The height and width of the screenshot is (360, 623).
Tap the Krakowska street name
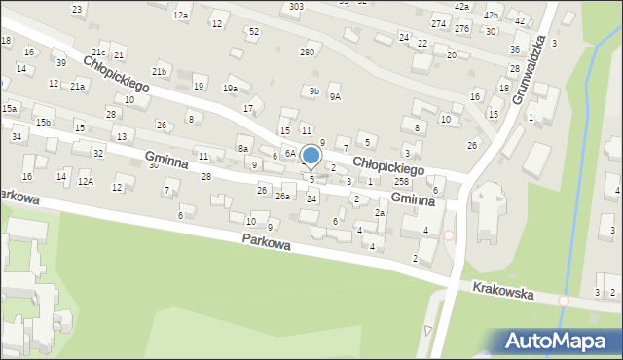503,291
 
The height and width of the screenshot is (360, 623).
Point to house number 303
296,6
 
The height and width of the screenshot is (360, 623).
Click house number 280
308,52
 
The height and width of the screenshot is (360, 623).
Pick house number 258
400,182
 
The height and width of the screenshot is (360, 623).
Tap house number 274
439,23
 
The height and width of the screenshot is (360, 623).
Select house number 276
462,29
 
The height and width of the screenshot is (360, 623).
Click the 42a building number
461,6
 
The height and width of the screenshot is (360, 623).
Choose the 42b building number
491,16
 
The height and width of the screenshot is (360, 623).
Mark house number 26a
282,197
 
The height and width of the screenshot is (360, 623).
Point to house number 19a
230,89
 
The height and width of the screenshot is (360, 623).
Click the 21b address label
159,72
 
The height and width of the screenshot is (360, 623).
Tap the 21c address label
98,52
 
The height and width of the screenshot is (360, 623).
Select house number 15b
43,122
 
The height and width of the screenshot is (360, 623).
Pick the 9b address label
313,91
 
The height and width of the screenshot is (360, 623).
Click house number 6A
290,154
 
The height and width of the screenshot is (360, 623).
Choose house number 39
60,63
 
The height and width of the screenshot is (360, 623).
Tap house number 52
254,32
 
